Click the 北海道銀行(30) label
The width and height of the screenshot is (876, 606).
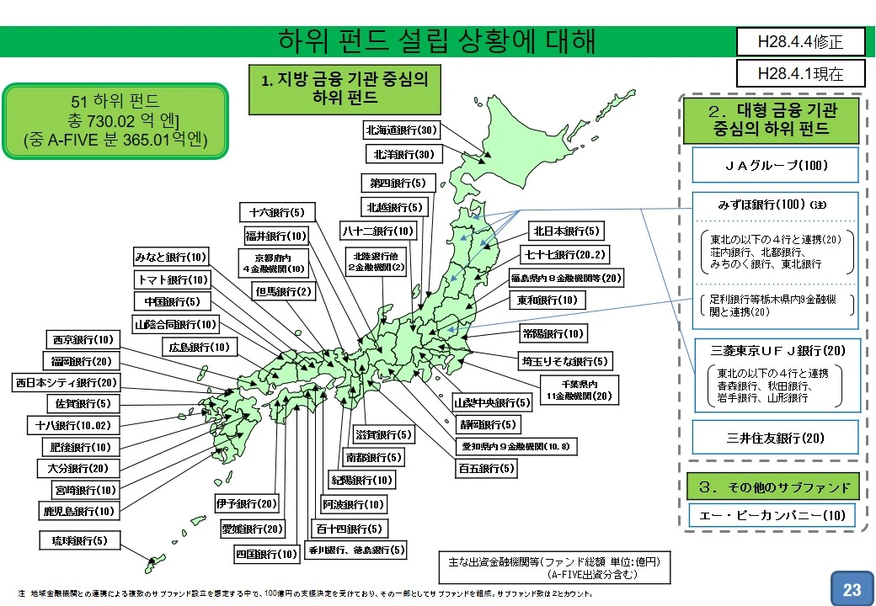click(x=402, y=130)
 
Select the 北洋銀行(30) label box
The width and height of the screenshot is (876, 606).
click(x=402, y=155)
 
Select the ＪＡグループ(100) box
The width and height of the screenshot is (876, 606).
click(x=775, y=165)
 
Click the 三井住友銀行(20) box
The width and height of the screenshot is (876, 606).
click(x=775, y=438)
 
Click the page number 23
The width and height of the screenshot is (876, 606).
click(x=852, y=589)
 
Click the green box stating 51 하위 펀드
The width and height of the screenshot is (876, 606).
click(x=115, y=120)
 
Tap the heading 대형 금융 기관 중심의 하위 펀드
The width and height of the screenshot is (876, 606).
click(x=772, y=119)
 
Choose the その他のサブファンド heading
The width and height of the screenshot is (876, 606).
click(x=774, y=487)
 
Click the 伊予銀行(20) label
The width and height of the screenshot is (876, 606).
click(x=246, y=504)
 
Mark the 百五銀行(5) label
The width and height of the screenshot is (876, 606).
click(x=486, y=469)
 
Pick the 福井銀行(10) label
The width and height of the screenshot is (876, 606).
click(x=276, y=236)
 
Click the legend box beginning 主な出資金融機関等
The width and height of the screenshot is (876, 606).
click(x=554, y=568)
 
